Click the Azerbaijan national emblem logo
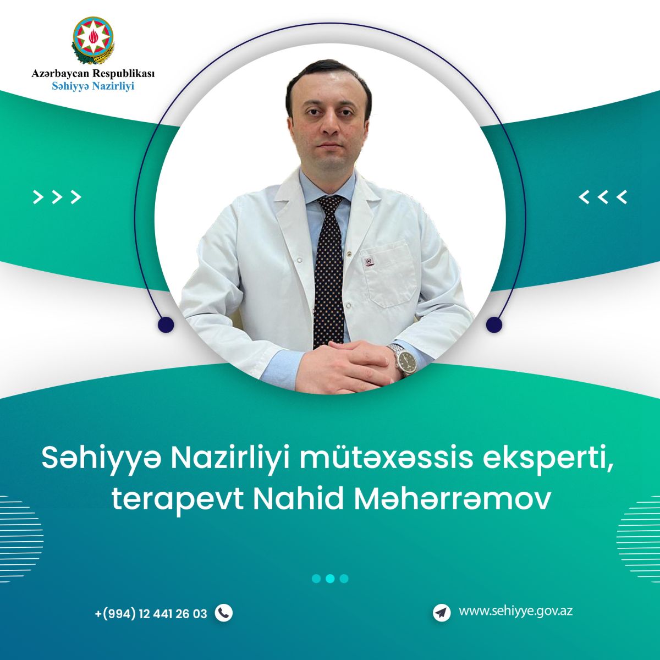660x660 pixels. pyautogui.click(x=93, y=40)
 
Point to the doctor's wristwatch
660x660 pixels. pyautogui.click(x=404, y=360)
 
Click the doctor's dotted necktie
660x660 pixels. pyautogui.click(x=329, y=271)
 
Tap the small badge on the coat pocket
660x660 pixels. pyautogui.click(x=369, y=261)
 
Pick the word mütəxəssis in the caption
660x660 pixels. pyautogui.click(x=382, y=459)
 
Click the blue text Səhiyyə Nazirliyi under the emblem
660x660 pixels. pyautogui.click(x=93, y=86)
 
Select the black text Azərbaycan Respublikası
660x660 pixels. pyautogui.click(x=93, y=73)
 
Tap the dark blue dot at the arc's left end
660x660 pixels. pyautogui.click(x=166, y=324)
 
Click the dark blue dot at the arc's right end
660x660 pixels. pyautogui.click(x=494, y=324)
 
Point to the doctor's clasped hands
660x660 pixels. pyautogui.click(x=346, y=366)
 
